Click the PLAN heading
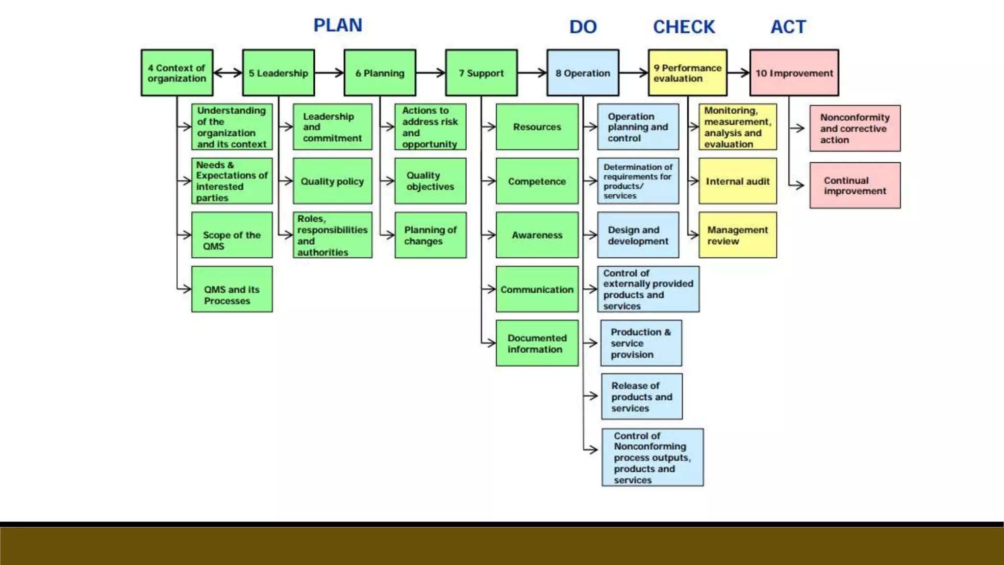pyautogui.click(x=338, y=26)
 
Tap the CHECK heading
pyautogui.click(x=684, y=27)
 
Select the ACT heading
pyautogui.click(x=788, y=27)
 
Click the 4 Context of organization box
pyautogui.click(x=177, y=73)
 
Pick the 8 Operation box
pyautogui.click(x=583, y=73)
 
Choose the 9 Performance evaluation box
pyautogui.click(x=687, y=73)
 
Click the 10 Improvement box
pyautogui.click(x=794, y=73)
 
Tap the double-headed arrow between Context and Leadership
pyautogui.click(x=228, y=73)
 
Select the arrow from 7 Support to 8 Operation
pyautogui.click(x=532, y=73)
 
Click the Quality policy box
pyautogui.click(x=332, y=181)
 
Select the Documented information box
pyautogui.click(x=537, y=343)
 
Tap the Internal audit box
pyautogui.click(x=737, y=181)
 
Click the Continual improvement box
pyautogui.click(x=855, y=185)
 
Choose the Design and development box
pyautogui.click(x=638, y=235)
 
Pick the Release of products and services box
pyautogui.click(x=642, y=397)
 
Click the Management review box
pyautogui.click(x=737, y=235)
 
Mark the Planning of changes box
pyautogui.click(x=430, y=235)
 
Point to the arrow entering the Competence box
pyautogui.click(x=489, y=181)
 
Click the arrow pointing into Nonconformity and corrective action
pyautogui.click(x=798, y=128)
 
